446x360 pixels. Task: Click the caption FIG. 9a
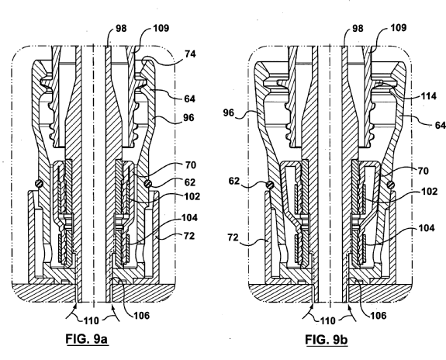[x=88, y=339]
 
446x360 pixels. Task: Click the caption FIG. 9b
[x=327, y=340]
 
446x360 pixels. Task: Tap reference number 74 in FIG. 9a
[x=190, y=54]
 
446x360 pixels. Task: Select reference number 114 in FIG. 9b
[x=428, y=96]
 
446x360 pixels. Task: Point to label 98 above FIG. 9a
[x=121, y=29]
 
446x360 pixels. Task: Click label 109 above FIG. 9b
[x=398, y=28]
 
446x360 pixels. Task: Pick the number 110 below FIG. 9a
[x=91, y=321]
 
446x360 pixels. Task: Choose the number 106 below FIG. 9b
[x=378, y=315]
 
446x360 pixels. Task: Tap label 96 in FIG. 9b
[x=228, y=113]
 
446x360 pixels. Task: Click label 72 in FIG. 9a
[x=188, y=236]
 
